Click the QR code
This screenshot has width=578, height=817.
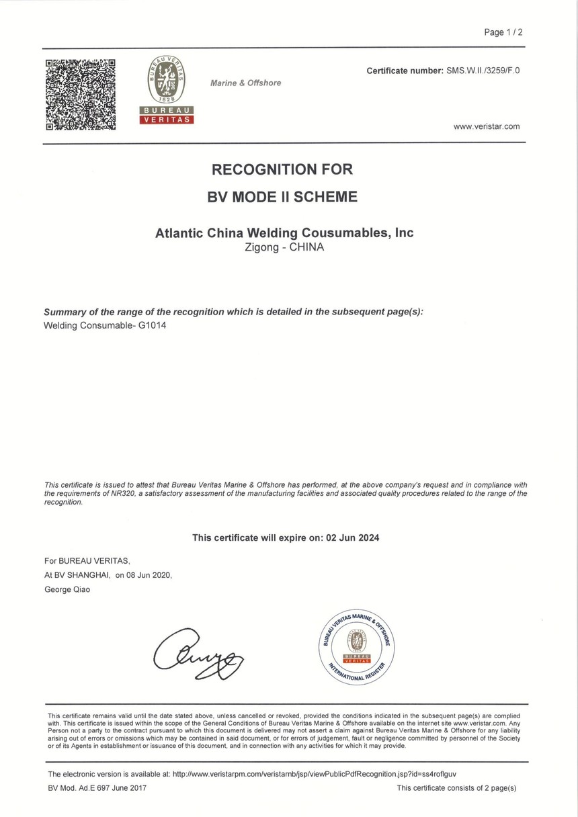[80, 94]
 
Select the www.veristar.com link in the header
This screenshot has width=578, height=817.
[487, 126]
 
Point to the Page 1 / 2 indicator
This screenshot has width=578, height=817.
[503, 32]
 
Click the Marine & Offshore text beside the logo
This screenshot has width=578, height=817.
[245, 83]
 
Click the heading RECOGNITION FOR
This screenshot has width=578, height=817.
[282, 169]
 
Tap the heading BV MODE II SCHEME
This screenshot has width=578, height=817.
[282, 198]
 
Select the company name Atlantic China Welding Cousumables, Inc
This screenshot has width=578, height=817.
[284, 233]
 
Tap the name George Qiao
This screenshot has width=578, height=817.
[67, 589]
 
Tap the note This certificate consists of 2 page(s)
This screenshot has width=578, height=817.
[456, 787]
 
